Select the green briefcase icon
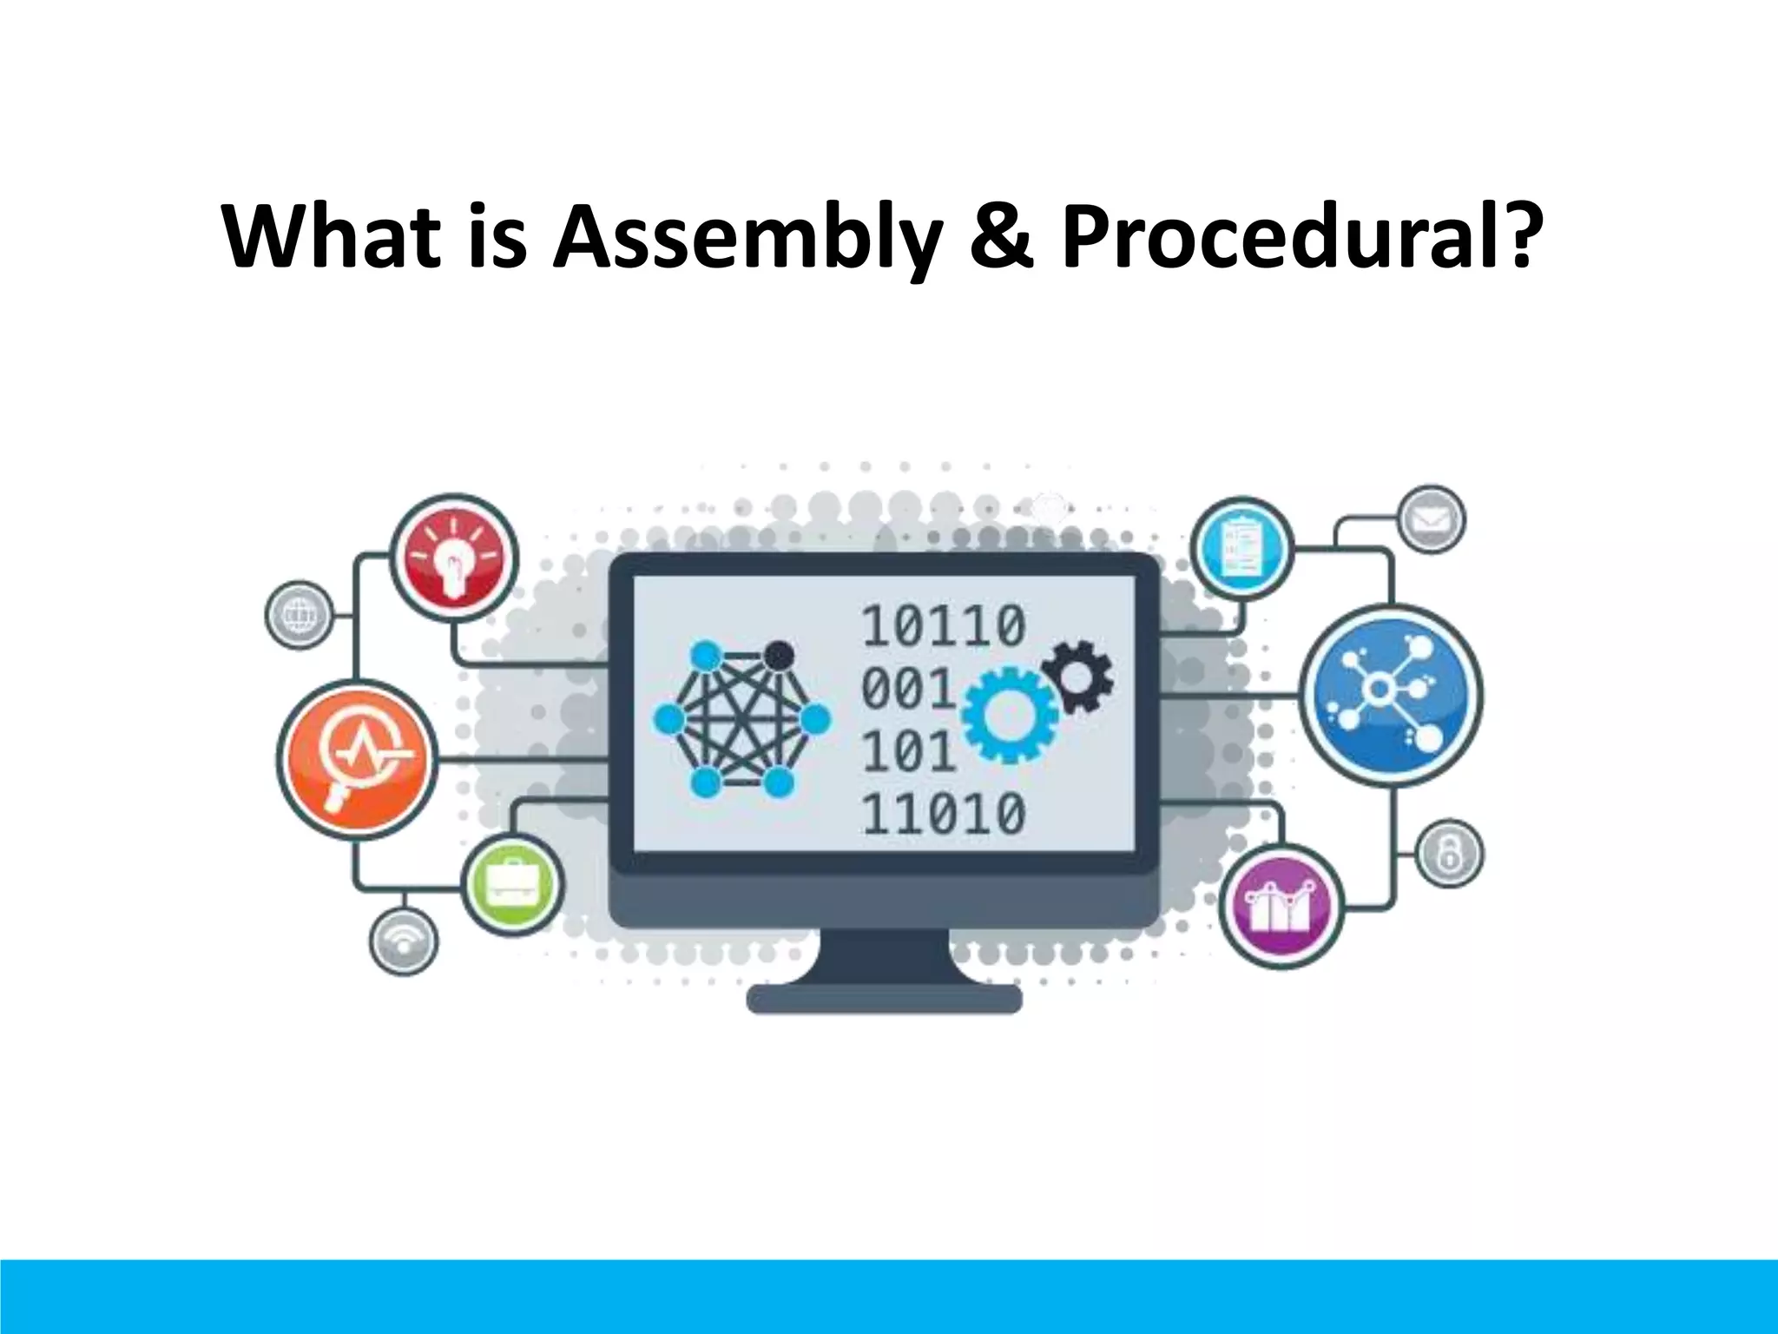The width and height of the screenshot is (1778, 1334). (x=512, y=885)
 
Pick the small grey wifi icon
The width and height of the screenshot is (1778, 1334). (x=404, y=942)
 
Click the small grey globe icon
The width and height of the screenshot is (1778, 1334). (x=298, y=615)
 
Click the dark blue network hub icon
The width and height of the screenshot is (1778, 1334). (x=1392, y=695)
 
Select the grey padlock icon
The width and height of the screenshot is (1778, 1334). (x=1449, y=854)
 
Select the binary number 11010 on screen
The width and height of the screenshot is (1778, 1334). (x=943, y=814)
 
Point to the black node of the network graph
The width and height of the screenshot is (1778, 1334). (x=780, y=653)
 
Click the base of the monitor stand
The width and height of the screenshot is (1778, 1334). (x=884, y=999)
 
